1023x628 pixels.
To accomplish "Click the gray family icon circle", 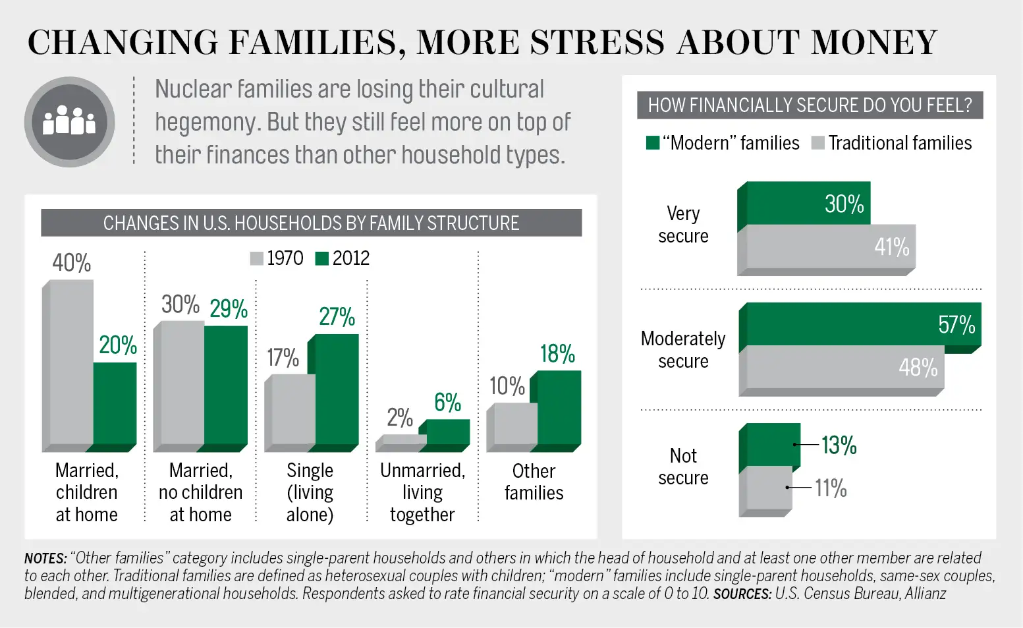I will tap(69, 122).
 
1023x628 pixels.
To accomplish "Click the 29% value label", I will tap(229, 308).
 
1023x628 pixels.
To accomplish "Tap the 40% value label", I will tap(72, 263).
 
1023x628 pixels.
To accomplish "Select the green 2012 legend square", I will tap(322, 258).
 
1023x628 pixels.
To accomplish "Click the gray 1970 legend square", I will tap(257, 258).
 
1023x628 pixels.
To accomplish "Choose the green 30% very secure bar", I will tap(808, 203).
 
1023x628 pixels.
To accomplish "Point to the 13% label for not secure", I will tap(839, 445).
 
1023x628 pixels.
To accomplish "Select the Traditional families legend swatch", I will tap(818, 143).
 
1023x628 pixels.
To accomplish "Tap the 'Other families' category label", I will tap(534, 482).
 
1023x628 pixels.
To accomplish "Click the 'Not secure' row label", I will tap(683, 467).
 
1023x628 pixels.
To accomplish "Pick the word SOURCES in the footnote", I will tap(742, 594).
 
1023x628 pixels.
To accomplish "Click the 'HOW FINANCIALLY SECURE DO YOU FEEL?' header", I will tap(810, 105).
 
